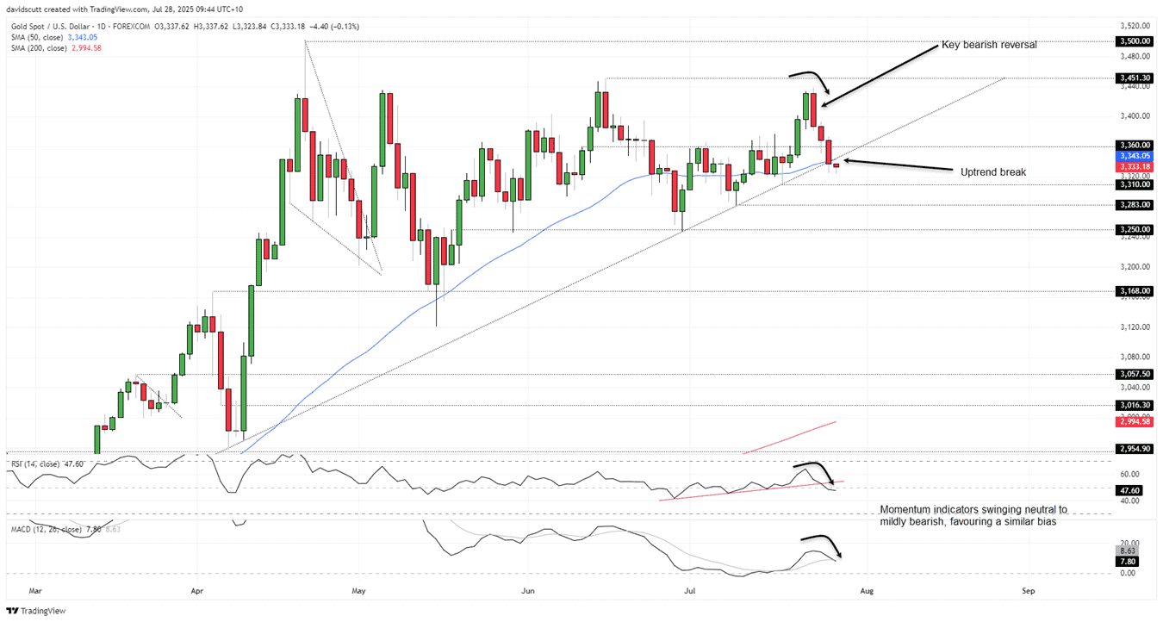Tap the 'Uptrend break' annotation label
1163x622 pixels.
[993, 172]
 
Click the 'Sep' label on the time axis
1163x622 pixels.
[1028, 591]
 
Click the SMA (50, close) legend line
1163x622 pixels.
[48, 37]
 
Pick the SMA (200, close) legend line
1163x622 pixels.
[50, 47]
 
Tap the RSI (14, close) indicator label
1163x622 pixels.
[46, 463]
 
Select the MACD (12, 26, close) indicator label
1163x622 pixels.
[57, 529]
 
